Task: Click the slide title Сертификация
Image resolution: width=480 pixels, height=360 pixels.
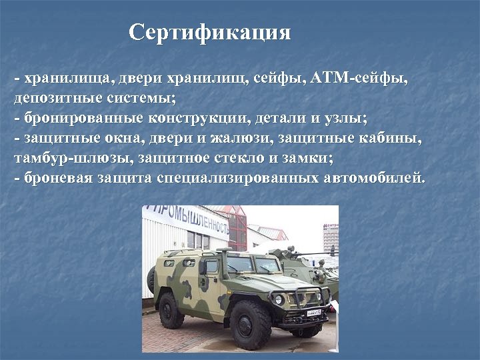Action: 210,32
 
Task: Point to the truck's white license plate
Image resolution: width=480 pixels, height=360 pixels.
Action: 313,311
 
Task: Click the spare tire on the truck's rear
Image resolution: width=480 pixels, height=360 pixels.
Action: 152,279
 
